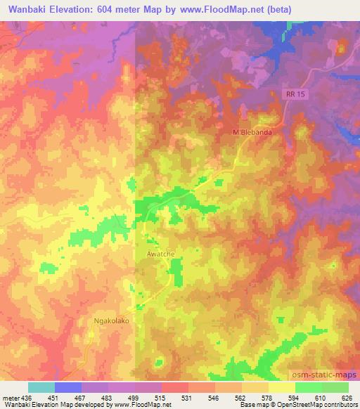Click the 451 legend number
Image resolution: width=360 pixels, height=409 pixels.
click(x=54, y=397)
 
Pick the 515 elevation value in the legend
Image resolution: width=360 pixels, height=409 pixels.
click(x=161, y=397)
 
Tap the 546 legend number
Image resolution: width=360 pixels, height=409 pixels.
click(x=215, y=397)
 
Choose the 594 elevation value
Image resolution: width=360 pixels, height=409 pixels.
click(x=295, y=397)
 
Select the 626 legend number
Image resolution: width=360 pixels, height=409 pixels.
click(x=348, y=397)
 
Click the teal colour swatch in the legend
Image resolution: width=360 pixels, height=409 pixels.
click(x=41, y=387)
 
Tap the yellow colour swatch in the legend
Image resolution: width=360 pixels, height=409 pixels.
click(x=281, y=387)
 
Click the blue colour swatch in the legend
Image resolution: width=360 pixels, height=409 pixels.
click(x=67, y=387)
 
